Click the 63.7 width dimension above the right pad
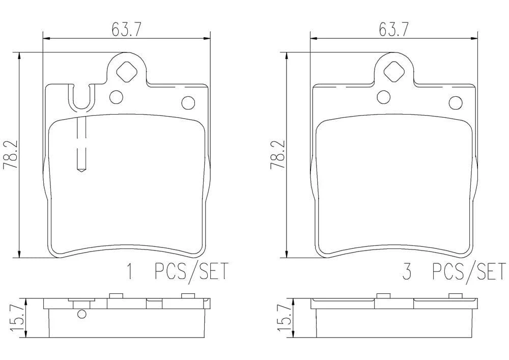point(393,30)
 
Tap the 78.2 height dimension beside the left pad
point(9,154)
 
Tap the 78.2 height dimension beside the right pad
point(277,154)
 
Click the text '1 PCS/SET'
point(178,271)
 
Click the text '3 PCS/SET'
point(454,271)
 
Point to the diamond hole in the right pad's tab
point(394,71)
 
